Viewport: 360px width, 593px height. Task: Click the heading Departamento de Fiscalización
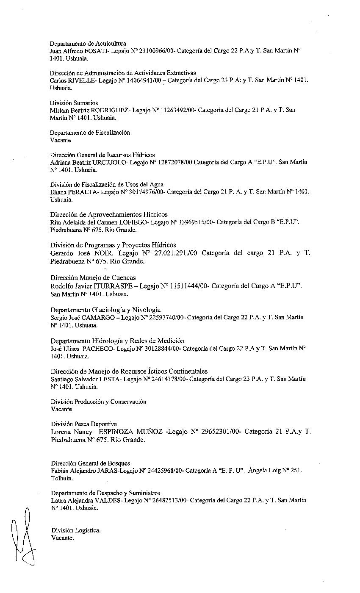tap(90, 133)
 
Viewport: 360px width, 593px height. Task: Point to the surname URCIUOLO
tap(112, 162)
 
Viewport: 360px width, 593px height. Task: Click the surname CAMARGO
tap(99, 317)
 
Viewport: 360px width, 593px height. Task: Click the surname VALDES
tap(108, 500)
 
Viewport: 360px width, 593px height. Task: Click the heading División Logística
tap(76, 530)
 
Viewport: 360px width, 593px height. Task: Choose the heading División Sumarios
tap(74, 103)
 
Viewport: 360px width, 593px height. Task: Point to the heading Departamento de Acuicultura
tap(88, 44)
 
